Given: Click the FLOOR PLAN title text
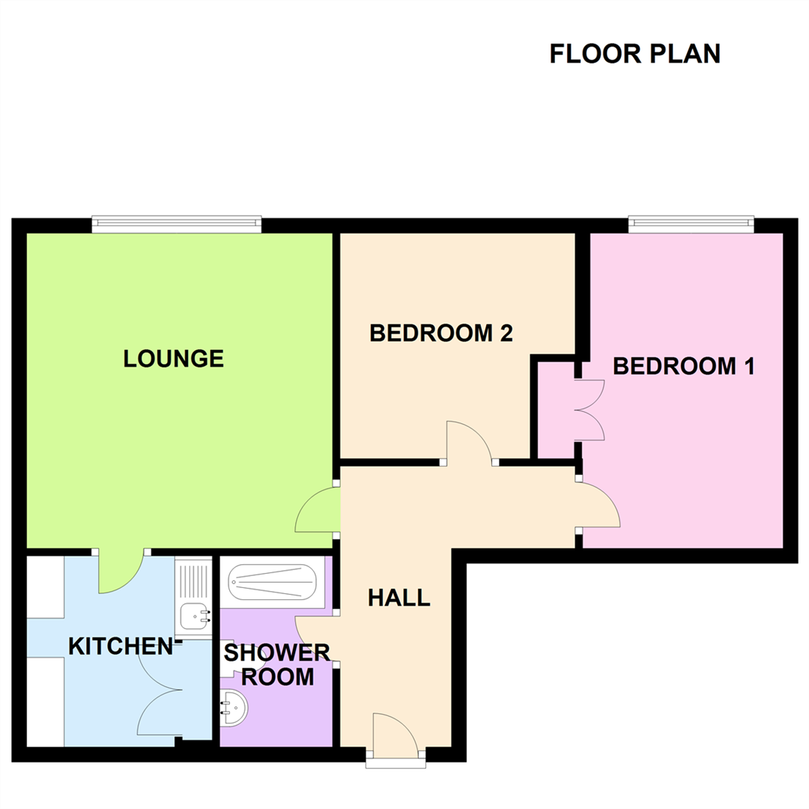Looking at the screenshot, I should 634,54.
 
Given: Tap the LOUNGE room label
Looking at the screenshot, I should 174,359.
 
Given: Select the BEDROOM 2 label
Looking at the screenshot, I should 441,333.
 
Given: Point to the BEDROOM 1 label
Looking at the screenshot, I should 683,366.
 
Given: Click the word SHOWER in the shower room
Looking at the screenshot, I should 277,653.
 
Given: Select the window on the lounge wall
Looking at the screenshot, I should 177,224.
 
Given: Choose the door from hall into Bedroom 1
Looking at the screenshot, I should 599,506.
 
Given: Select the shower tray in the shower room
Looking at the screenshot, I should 273,582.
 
